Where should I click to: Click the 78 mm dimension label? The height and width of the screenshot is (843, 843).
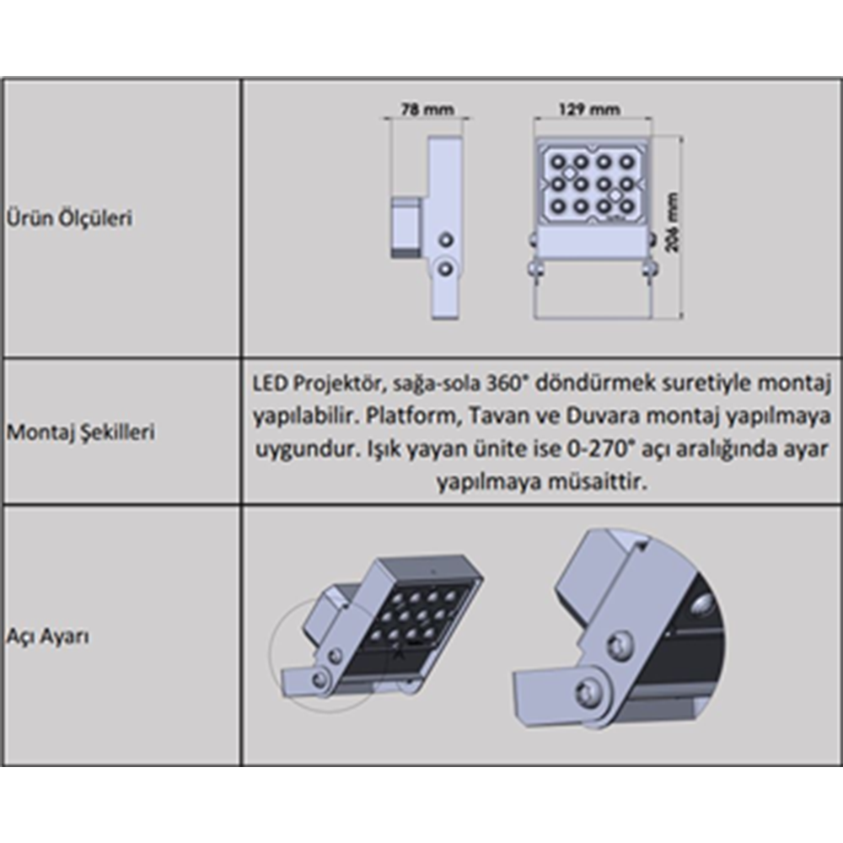coord(427,110)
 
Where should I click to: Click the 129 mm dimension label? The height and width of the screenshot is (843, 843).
coord(589,110)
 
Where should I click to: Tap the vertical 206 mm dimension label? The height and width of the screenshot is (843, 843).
coord(672,222)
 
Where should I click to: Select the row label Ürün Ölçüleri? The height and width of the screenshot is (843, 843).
coord(69,218)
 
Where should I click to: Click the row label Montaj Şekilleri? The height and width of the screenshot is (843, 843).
coord(81,432)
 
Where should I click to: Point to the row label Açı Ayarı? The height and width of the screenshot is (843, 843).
coord(48,636)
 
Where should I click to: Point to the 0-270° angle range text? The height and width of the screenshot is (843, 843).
coord(599,448)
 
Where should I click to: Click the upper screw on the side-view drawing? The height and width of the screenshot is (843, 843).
coord(445,239)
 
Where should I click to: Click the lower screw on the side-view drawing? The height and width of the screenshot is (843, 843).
coord(445,268)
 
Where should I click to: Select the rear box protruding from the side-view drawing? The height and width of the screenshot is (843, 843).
coord(406,227)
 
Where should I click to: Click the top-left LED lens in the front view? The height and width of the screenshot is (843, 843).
coord(558,161)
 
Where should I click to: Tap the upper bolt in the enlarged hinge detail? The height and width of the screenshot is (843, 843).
coord(620,643)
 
